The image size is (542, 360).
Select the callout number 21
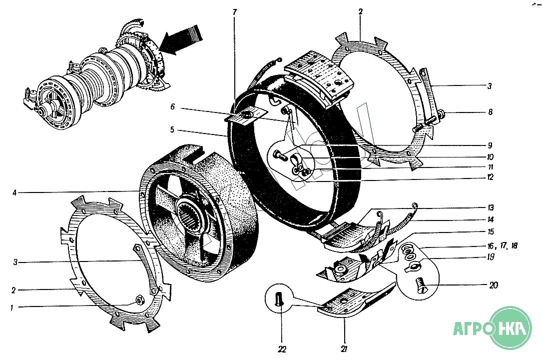(x=344, y=349)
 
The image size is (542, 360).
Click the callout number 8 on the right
(x=490, y=112)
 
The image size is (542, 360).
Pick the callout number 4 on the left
(x=14, y=192)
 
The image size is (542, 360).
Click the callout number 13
(x=491, y=207)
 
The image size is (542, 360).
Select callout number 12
(x=490, y=177)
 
